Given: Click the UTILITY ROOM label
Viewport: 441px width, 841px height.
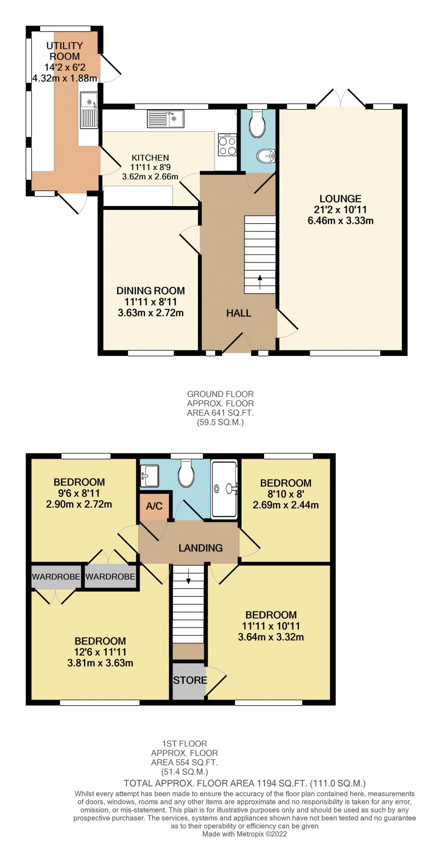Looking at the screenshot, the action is click(65, 51).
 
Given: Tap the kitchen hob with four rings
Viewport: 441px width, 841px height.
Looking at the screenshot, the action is click(227, 145).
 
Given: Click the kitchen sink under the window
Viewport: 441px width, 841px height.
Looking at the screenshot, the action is click(166, 119).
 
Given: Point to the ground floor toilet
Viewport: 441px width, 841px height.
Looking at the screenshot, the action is click(257, 123).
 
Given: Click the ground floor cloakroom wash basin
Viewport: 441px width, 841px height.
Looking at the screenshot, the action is click(266, 156).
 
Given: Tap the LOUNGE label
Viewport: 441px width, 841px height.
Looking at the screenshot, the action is click(341, 199).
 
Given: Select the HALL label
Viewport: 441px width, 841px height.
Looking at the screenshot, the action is click(239, 313).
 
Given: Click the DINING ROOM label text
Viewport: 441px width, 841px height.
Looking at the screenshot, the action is click(150, 291).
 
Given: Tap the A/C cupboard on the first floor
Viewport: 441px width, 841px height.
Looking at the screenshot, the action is click(154, 506).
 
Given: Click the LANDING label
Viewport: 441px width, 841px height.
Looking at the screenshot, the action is click(200, 548).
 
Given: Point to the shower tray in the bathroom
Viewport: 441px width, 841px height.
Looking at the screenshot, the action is click(224, 489).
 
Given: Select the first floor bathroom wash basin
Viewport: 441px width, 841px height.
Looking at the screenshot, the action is click(149, 476).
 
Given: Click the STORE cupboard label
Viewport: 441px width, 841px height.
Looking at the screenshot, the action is click(190, 680).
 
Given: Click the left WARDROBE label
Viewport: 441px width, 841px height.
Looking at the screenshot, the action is click(56, 577).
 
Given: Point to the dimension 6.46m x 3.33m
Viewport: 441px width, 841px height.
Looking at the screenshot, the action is click(341, 221).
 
